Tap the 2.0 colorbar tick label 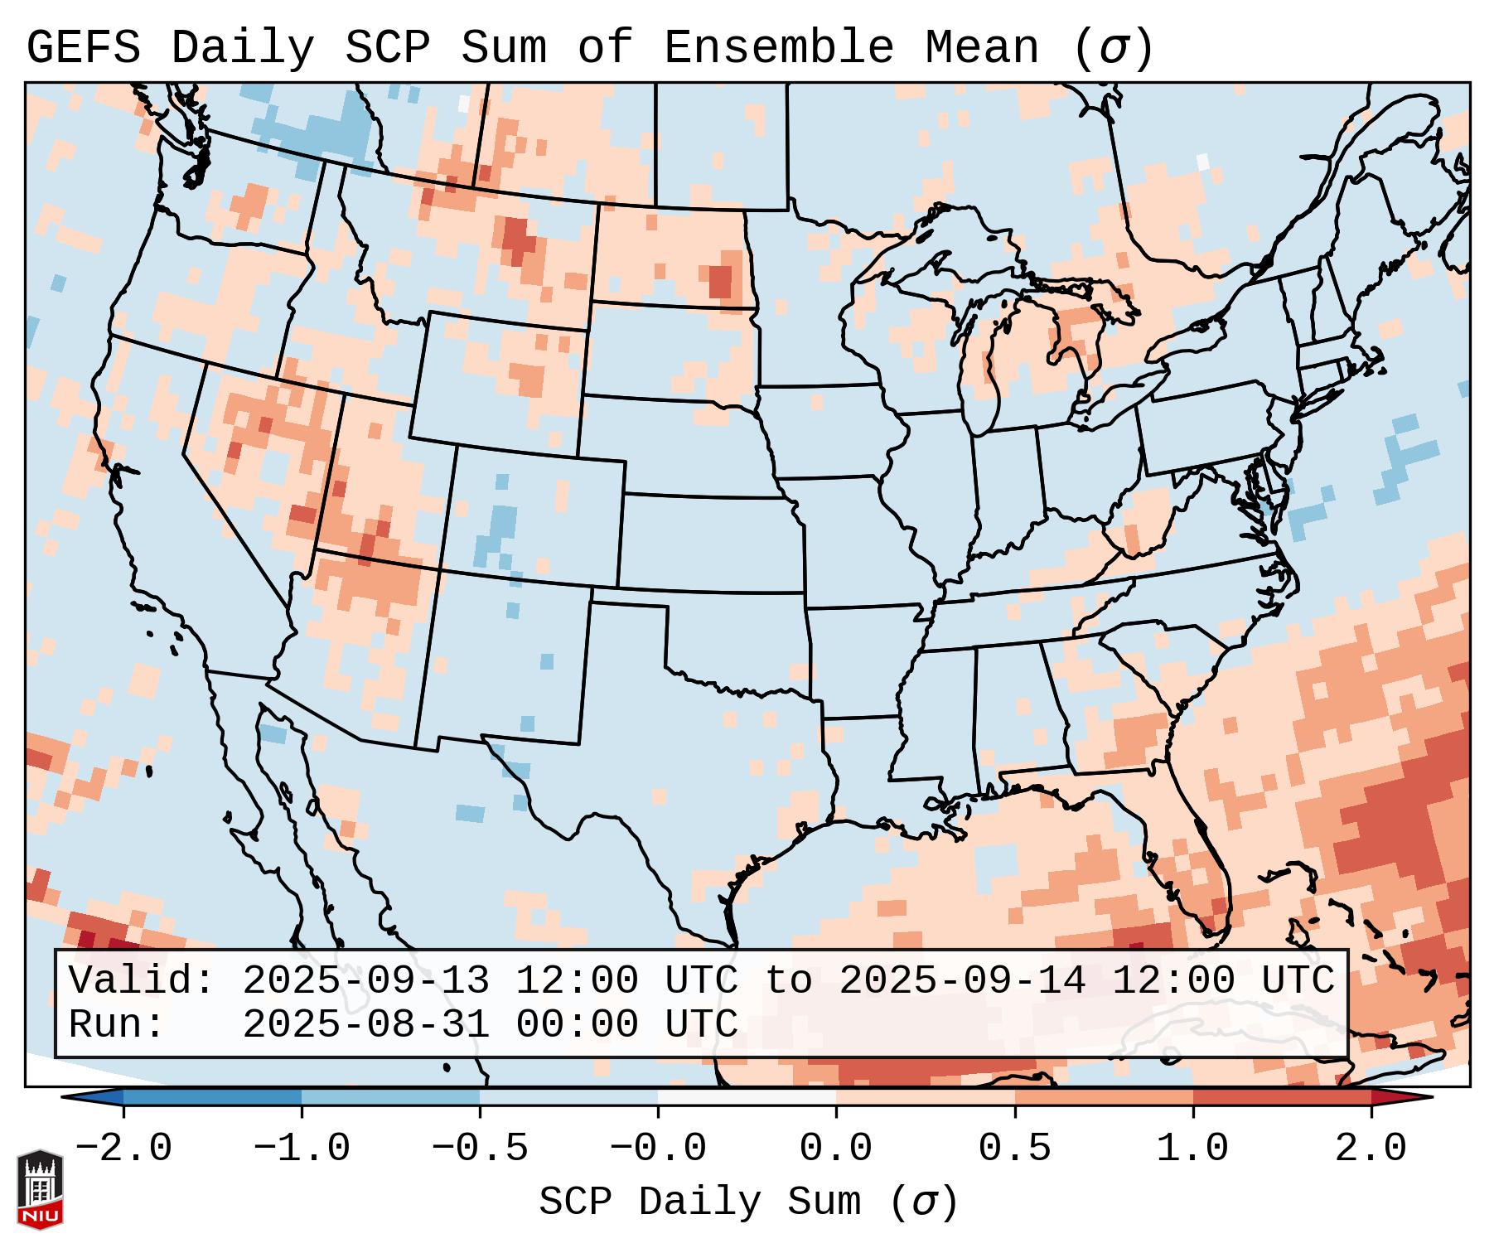[1371, 1149]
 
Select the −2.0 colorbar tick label [123, 1149]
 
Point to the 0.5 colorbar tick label [1014, 1149]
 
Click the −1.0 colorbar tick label [302, 1149]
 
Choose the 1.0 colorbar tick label [1192, 1149]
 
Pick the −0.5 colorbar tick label [480, 1149]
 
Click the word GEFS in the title [83, 48]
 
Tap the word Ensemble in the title [779, 48]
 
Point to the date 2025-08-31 [365, 1024]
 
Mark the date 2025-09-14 [962, 981]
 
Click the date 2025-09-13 [365, 981]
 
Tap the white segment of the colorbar [747, 1097]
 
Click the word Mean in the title [982, 48]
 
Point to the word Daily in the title [243, 48]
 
